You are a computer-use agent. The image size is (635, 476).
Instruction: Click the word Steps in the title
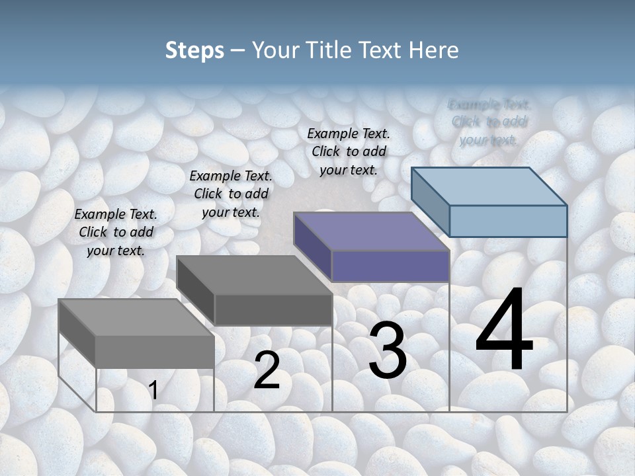[x=194, y=50]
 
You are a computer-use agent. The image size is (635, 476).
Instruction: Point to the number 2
[x=267, y=371]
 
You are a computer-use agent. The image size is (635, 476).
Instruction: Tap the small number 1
[x=153, y=391]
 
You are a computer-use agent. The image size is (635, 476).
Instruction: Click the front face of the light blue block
[x=508, y=221]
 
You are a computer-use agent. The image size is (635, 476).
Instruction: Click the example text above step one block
[x=116, y=232]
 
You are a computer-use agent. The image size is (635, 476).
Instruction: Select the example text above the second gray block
[x=231, y=194]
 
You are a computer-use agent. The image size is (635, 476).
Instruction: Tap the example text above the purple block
[x=349, y=151]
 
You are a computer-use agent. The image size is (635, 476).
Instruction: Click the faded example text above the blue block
[x=489, y=122]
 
